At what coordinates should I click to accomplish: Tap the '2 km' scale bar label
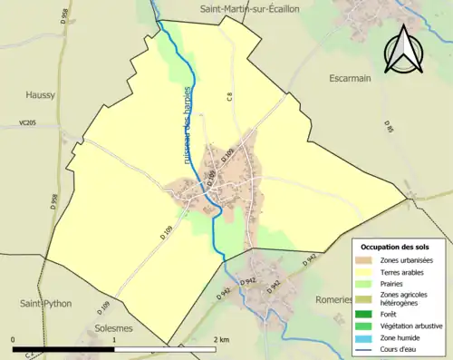[x=220, y=339]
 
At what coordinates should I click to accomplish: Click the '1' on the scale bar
[x=114, y=339]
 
